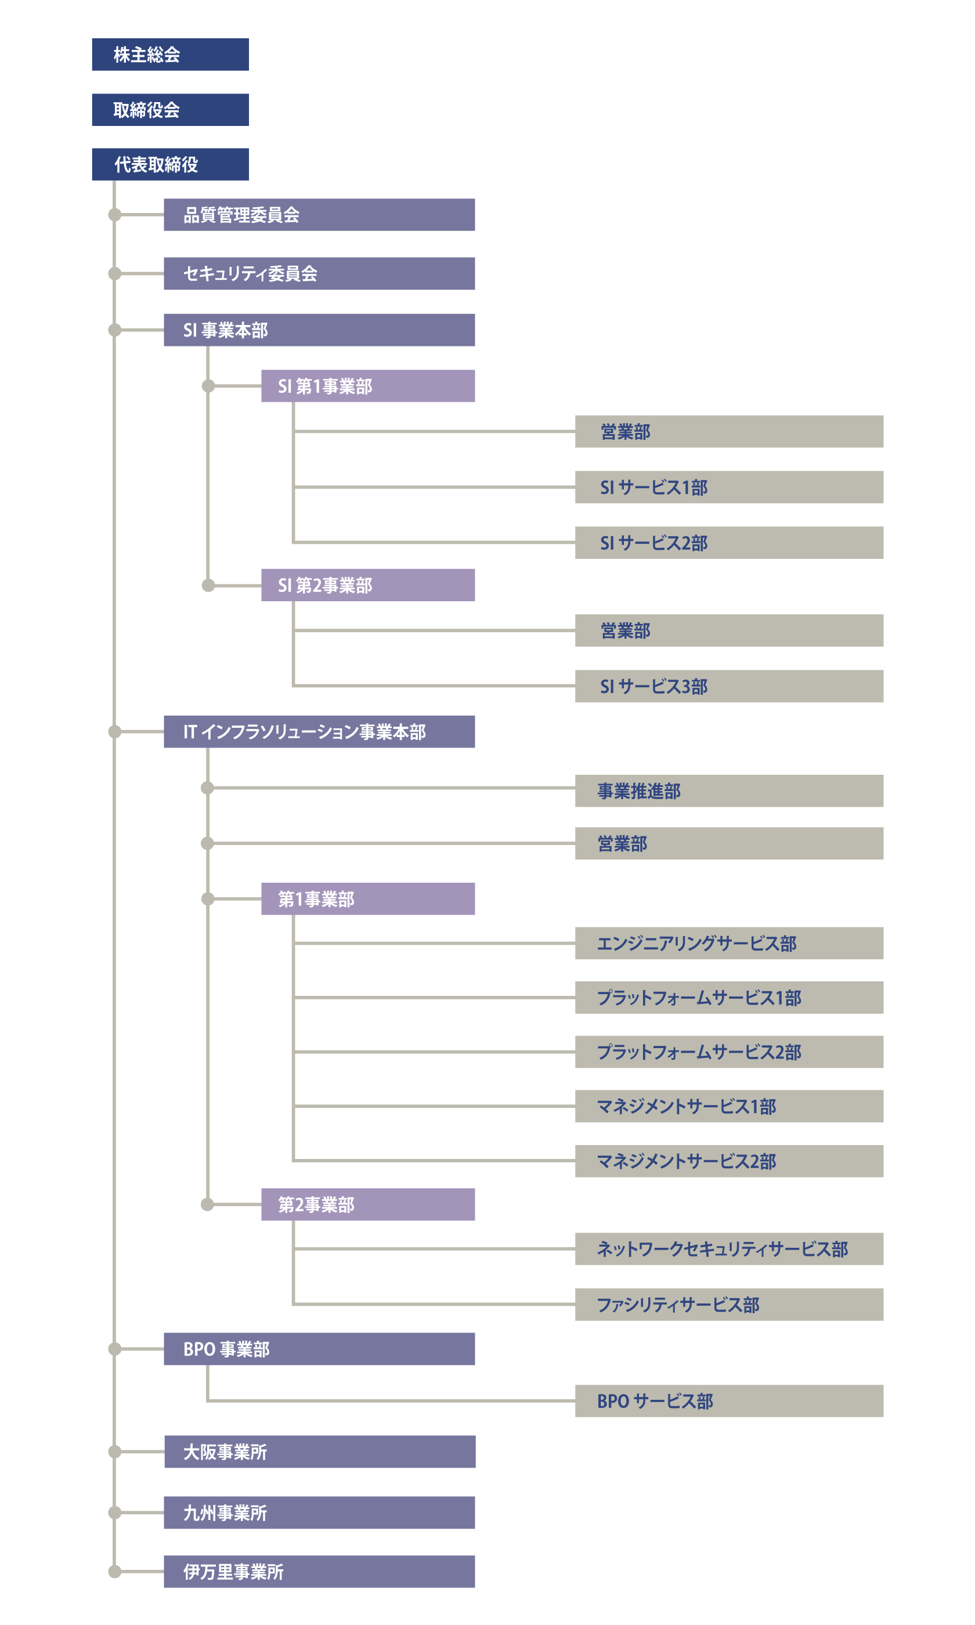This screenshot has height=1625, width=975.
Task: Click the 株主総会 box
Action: [x=170, y=55]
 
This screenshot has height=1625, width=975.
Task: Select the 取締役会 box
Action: [x=170, y=110]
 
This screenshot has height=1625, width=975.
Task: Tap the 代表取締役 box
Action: [x=170, y=164]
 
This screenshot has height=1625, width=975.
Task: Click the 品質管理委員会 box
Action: [x=319, y=215]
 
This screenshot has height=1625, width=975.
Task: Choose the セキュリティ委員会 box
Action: [x=319, y=273]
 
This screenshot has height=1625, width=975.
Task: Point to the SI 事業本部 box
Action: [x=319, y=330]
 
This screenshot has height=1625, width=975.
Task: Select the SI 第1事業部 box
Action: [x=368, y=386]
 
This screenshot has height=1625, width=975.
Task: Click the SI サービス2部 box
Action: [x=730, y=543]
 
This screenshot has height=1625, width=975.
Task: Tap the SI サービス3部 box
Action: [x=730, y=687]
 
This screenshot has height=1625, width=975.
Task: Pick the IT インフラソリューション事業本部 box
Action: [x=319, y=732]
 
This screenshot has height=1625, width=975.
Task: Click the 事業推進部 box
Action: [x=730, y=791]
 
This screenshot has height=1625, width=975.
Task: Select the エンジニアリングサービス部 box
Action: [x=730, y=943]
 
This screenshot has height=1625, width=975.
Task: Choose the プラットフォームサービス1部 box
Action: [x=730, y=998]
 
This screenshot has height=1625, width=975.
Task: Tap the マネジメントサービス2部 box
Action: [x=730, y=1161]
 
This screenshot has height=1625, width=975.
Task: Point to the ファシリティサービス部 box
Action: [x=730, y=1305]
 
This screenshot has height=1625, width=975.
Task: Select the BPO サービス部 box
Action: [x=730, y=1401]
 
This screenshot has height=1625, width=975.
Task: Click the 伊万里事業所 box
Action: [x=319, y=1572]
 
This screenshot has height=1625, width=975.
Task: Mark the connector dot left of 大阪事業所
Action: [x=115, y=1451]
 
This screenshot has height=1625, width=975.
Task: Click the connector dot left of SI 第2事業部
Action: [x=208, y=585]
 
